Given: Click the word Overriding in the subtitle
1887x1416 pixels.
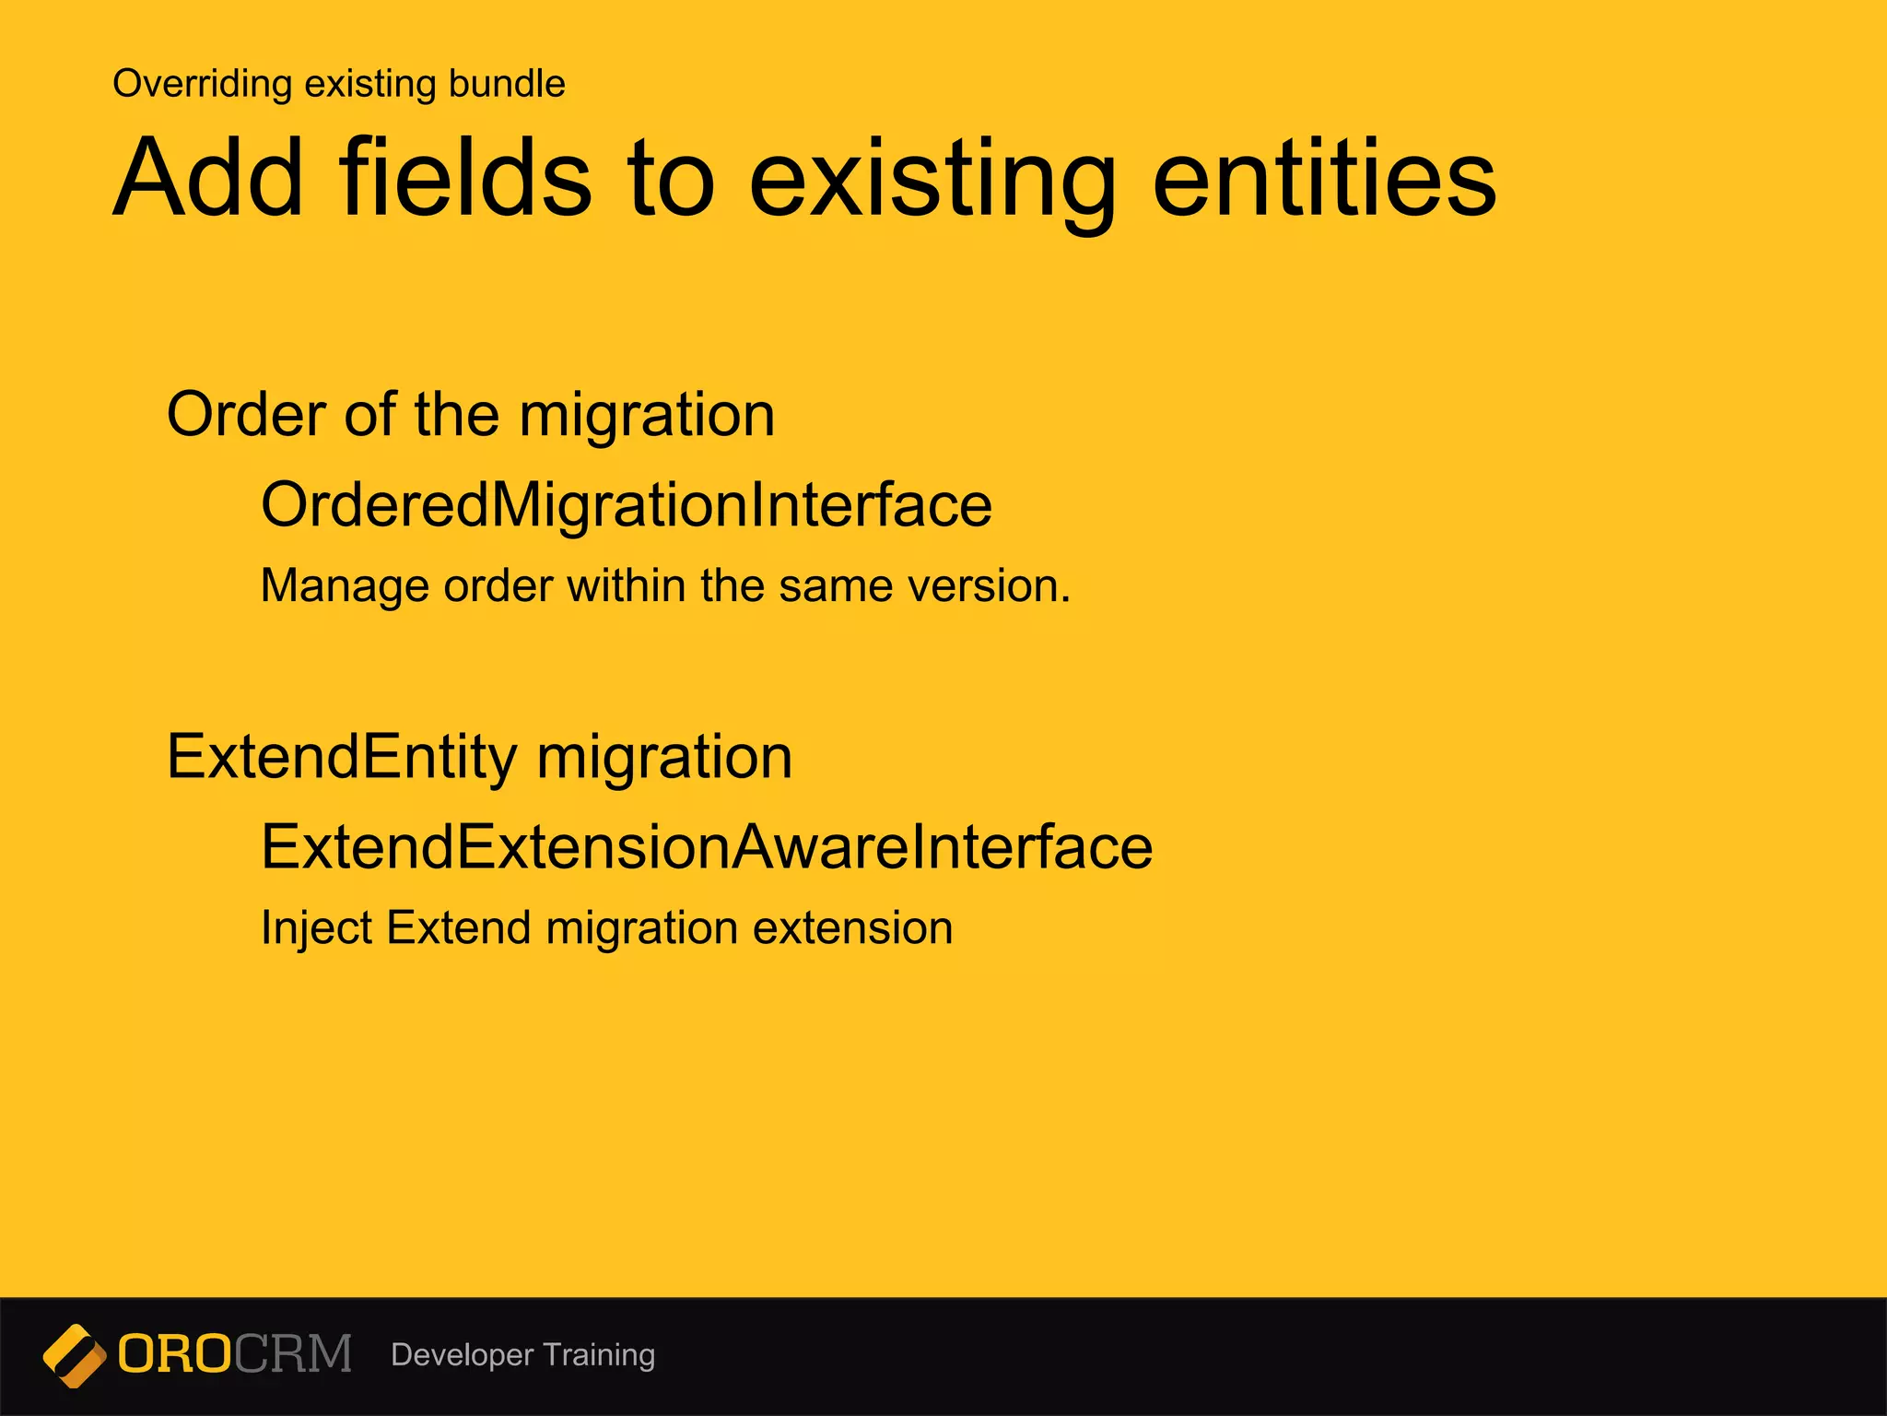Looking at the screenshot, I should pyautogui.click(x=202, y=84).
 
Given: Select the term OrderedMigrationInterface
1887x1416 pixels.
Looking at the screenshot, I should pyautogui.click(x=627, y=505).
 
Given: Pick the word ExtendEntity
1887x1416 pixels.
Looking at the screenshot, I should pyautogui.click(x=341, y=757).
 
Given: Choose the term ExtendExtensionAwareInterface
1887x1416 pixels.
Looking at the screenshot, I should pyautogui.click(x=707, y=847).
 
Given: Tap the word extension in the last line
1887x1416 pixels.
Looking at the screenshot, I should pyautogui.click(x=852, y=927).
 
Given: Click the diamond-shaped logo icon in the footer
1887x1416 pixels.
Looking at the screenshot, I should pyautogui.click(x=74, y=1355).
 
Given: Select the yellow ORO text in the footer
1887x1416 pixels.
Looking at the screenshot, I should pyautogui.click(x=174, y=1354).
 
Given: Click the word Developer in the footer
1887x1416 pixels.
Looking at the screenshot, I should pyautogui.click(x=462, y=1355).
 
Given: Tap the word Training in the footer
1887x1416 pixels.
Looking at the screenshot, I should pyautogui.click(x=599, y=1355).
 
